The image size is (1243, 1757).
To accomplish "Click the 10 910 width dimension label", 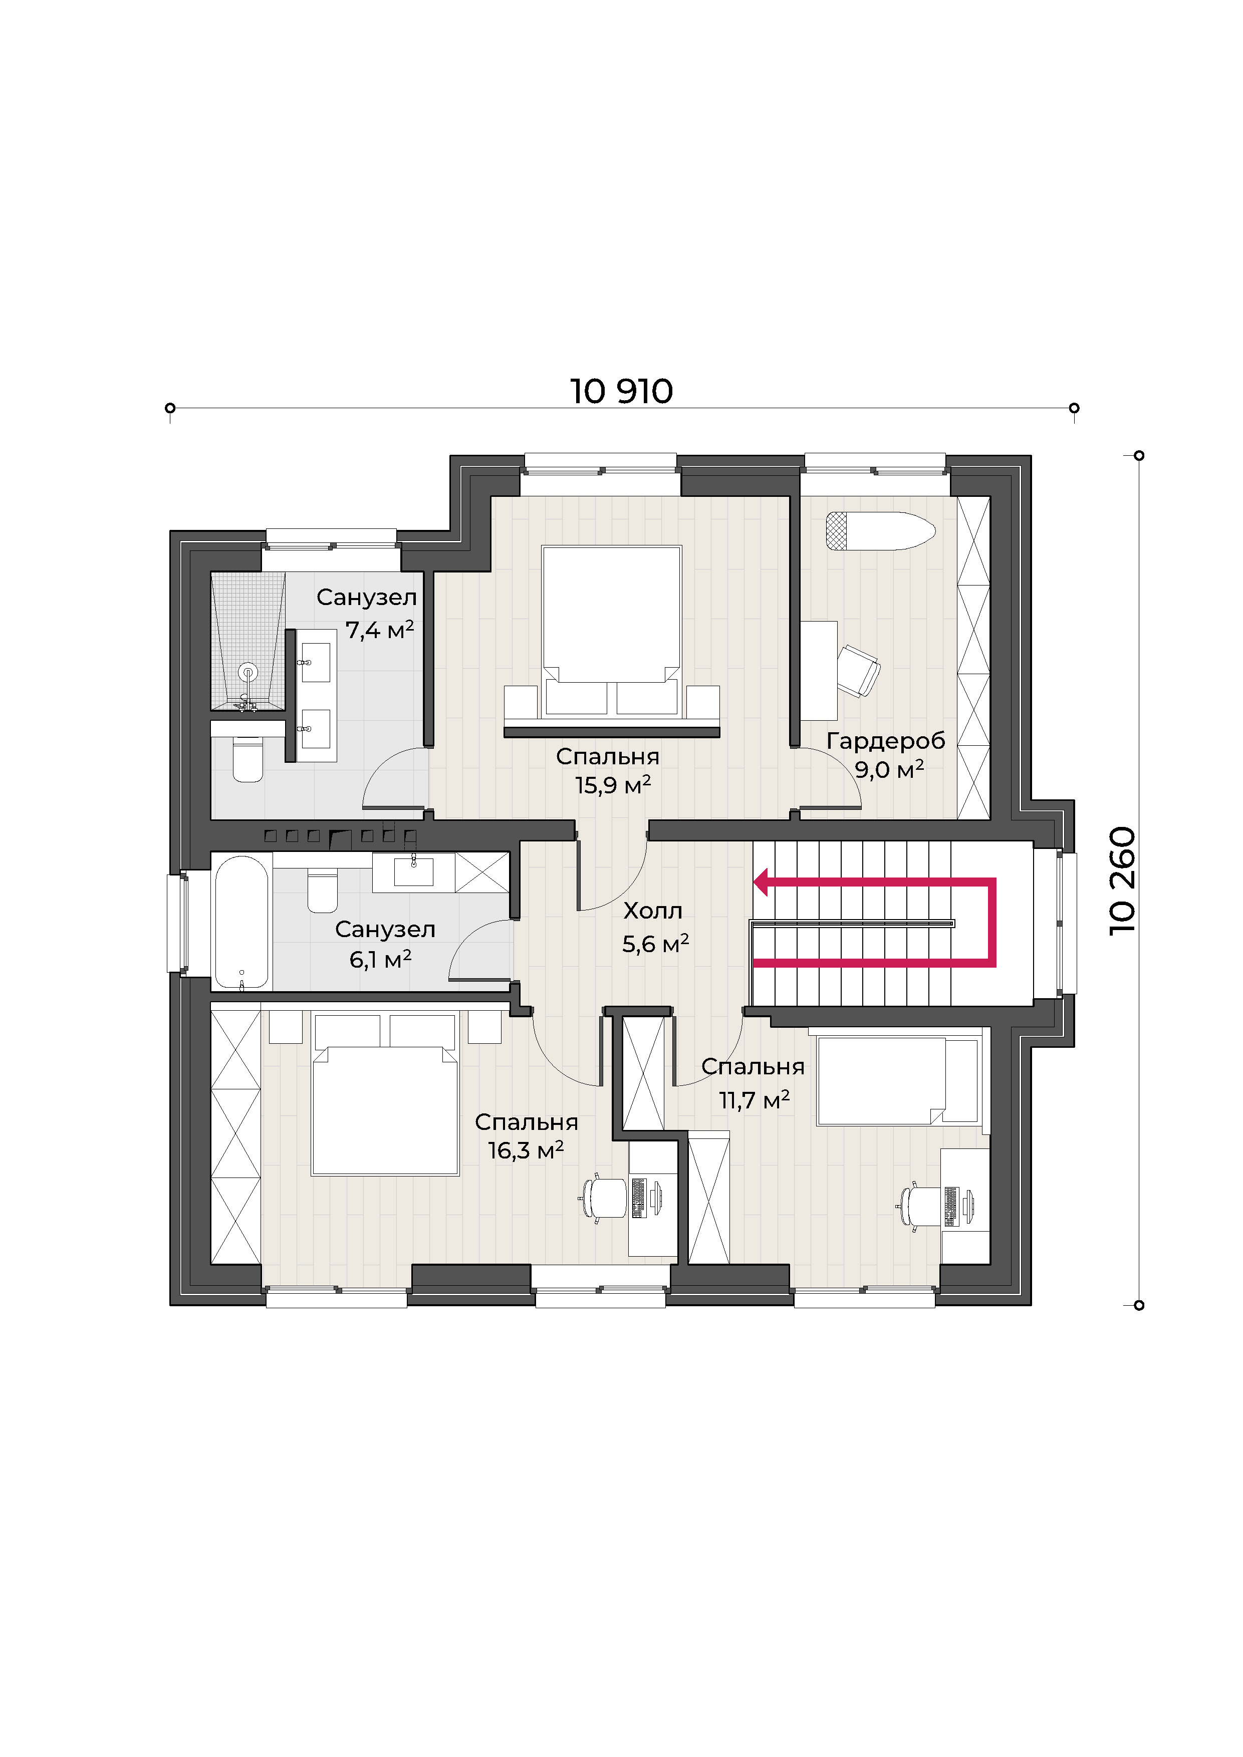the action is [x=621, y=391].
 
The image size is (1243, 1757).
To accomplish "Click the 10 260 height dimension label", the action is [x=1123, y=880].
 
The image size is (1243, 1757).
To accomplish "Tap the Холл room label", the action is [x=653, y=911].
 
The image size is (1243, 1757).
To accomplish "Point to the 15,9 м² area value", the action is [x=613, y=785].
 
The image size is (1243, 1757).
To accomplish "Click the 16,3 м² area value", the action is [x=526, y=1150].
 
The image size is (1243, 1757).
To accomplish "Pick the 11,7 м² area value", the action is [x=754, y=1100].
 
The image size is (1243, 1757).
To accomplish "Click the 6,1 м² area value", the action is [x=380, y=959].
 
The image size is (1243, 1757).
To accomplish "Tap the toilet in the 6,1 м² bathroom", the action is [x=322, y=890].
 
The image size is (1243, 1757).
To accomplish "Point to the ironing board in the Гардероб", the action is [x=880, y=530].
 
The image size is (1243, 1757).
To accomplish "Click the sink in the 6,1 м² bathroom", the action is [x=413, y=871].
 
